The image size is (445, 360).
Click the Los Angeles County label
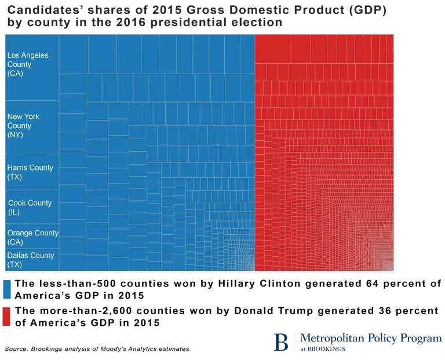point(27,60)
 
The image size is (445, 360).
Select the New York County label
point(23,121)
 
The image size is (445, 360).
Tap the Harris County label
point(30,168)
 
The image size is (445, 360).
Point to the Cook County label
point(30,203)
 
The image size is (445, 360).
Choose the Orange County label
point(32,233)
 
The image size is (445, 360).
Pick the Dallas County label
point(30,256)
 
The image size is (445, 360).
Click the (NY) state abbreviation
point(15,135)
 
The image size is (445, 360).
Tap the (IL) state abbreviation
point(14,213)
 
